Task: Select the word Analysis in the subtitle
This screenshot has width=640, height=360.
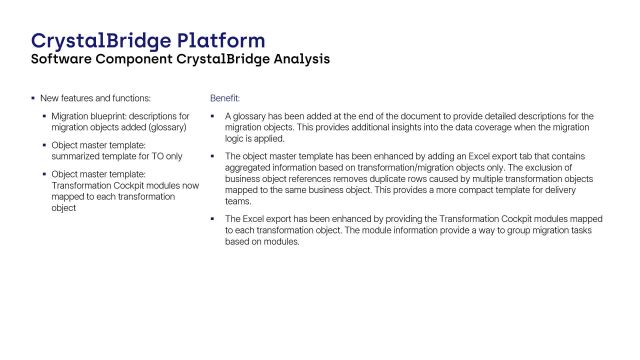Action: (x=297, y=59)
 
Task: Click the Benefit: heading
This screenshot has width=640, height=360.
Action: (x=224, y=99)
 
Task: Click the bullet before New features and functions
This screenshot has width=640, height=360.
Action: (x=33, y=99)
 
